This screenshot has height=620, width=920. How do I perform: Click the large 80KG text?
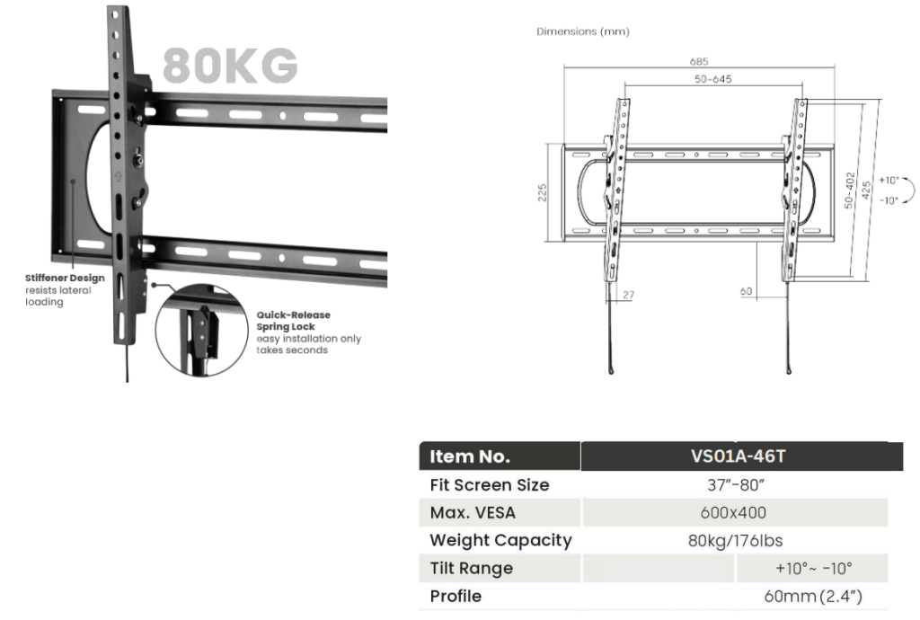click(230, 65)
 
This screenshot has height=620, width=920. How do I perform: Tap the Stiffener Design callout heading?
click(65, 278)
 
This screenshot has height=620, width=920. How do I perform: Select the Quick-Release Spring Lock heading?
click(294, 320)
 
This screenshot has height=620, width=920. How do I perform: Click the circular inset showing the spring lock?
click(202, 331)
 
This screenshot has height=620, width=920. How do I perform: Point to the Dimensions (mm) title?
click(582, 31)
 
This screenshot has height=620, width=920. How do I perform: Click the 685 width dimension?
click(699, 62)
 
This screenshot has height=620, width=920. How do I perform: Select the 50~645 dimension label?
click(712, 79)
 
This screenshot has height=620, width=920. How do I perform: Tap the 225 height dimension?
click(542, 192)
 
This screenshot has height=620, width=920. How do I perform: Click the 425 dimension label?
click(866, 190)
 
